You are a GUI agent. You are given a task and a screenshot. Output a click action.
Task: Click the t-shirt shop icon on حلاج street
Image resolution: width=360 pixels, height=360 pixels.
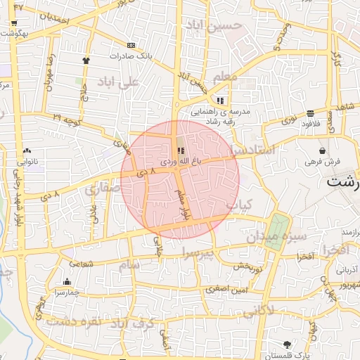(x=86, y=60)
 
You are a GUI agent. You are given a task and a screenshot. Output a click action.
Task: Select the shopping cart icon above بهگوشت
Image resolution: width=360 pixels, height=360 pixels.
(x=14, y=22)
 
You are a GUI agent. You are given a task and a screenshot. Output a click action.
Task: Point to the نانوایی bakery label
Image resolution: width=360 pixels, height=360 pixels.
(x=27, y=161)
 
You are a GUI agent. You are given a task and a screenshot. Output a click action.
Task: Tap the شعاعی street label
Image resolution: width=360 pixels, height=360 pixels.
(x=80, y=264)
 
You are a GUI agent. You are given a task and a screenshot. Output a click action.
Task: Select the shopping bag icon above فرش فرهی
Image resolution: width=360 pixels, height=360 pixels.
(x=322, y=150)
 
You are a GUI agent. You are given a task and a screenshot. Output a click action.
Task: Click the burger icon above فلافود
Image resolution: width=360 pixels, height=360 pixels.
(x=310, y=113)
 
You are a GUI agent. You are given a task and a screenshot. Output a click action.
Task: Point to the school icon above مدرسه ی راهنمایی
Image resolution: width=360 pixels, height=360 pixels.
(x=221, y=100)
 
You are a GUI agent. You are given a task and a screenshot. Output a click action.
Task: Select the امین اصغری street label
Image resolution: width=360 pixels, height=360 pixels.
(x=219, y=288)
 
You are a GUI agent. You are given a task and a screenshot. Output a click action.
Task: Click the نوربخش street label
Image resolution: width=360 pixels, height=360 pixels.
(x=247, y=266)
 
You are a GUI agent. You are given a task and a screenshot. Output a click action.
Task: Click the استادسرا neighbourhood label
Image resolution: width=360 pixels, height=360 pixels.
(x=257, y=149)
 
